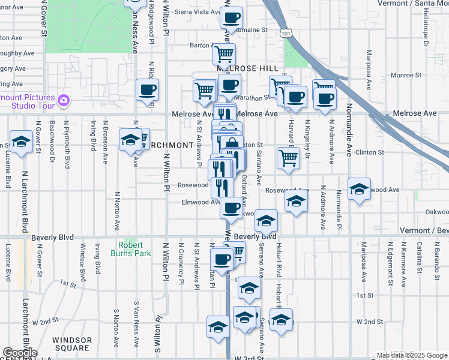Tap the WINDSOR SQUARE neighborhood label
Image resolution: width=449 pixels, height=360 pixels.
(72, 344)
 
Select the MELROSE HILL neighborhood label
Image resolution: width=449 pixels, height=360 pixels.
(247, 69)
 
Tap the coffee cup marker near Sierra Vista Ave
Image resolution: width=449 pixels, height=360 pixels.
(231, 17)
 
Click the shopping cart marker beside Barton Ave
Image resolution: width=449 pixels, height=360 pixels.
(224, 54)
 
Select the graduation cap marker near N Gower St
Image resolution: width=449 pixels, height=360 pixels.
(21, 142)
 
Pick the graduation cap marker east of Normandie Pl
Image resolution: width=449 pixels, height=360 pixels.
(359, 188)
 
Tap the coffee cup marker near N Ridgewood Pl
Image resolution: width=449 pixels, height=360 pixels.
(147, 91)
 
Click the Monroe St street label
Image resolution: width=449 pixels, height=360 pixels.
(406, 75)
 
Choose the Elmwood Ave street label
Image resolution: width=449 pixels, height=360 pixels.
(200, 202)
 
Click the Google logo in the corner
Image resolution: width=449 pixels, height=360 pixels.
(20, 353)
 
